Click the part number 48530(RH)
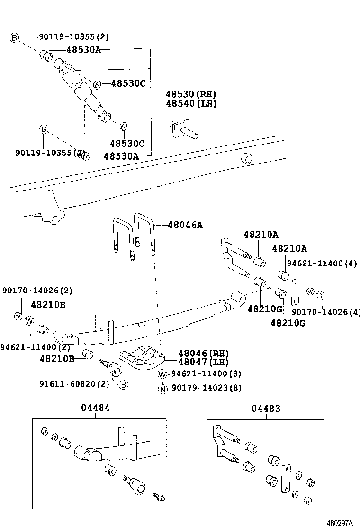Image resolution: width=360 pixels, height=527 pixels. [190, 94]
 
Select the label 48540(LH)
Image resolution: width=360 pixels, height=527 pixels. [190, 103]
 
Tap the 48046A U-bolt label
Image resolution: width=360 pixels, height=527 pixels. [185, 225]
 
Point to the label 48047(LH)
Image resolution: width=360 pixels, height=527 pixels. [203, 362]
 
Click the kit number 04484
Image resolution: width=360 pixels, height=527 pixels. [94, 408]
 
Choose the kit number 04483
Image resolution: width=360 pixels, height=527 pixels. [266, 408]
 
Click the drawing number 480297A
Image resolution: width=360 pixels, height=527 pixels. [340, 522]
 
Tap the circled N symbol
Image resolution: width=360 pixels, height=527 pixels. [162, 388]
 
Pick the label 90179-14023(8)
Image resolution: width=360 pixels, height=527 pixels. [207, 388]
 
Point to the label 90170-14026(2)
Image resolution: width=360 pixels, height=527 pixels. [37, 290]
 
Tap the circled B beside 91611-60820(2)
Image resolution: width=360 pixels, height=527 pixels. [123, 384]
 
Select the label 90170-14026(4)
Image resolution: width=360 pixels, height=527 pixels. [325, 312]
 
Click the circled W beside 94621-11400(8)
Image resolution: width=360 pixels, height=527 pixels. [162, 374]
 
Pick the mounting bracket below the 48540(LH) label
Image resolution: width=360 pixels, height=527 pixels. [182, 129]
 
